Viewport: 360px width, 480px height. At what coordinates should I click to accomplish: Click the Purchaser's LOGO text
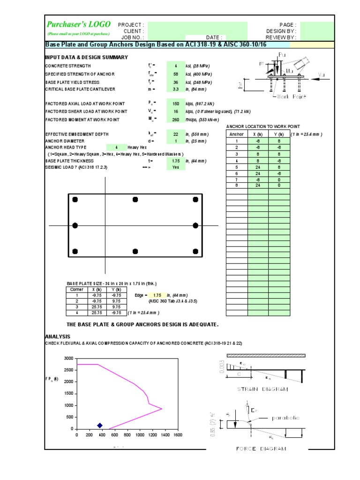[79, 24]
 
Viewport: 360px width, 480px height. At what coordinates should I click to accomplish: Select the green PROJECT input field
[197, 25]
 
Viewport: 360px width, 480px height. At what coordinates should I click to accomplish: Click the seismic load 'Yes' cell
[176, 167]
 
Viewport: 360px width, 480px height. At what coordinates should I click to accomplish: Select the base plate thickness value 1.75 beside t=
[176, 160]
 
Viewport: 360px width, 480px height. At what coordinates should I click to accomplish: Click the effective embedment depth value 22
[176, 134]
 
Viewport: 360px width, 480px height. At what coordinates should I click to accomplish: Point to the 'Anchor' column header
[237, 134]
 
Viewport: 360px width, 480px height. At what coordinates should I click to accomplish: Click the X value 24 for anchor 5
[258, 167]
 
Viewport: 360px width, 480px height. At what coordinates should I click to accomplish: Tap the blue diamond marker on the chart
[99, 425]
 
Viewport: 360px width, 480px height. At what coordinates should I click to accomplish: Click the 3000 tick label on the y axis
[68, 358]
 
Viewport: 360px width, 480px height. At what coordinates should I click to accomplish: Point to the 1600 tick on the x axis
[177, 435]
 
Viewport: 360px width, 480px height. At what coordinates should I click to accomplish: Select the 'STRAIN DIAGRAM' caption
[262, 389]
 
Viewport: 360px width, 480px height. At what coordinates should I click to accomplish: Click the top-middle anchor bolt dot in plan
[135, 200]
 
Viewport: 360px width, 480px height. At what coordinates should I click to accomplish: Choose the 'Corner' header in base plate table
[76, 290]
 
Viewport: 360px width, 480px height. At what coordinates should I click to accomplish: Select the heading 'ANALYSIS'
[57, 337]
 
